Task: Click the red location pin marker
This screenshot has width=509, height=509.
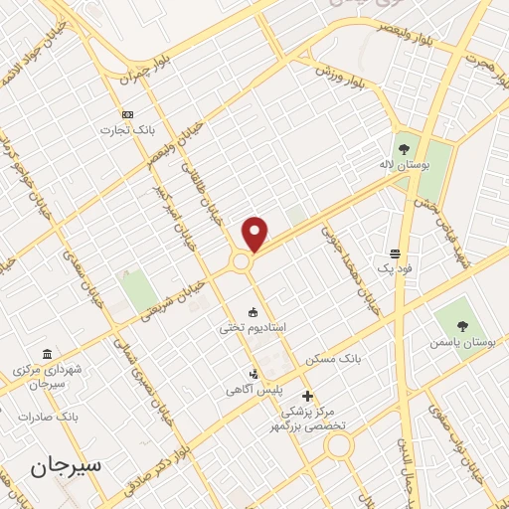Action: pyautogui.click(x=255, y=233)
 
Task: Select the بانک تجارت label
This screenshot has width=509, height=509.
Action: pyautogui.click(x=126, y=129)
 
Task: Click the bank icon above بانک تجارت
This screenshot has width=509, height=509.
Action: pyautogui.click(x=126, y=114)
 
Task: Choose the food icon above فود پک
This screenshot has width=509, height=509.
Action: pyautogui.click(x=396, y=254)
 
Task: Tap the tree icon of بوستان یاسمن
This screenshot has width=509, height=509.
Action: pyautogui.click(x=461, y=324)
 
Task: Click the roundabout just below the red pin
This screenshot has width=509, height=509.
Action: pyautogui.click(x=242, y=262)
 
